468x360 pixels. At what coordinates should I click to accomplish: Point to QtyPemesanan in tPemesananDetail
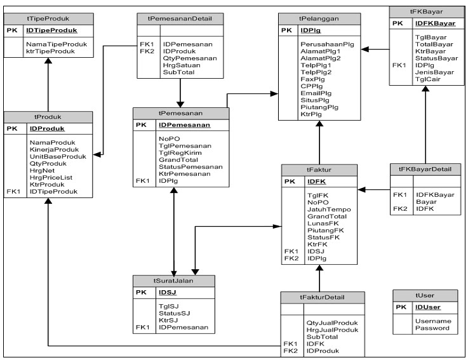tap(190, 58)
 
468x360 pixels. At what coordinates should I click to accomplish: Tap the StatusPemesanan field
tap(191, 167)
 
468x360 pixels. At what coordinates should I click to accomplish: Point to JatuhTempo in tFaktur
tap(329, 209)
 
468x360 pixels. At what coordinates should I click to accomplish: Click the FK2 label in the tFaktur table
tap(291, 258)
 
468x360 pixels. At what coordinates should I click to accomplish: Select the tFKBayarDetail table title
tap(425, 169)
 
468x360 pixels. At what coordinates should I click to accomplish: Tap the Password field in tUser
tap(432, 328)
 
